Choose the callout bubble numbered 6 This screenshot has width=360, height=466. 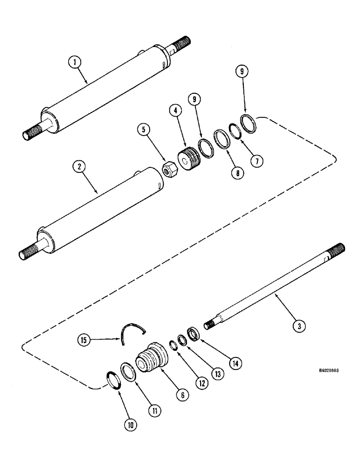(182, 394)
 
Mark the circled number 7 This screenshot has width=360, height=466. (256, 160)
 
